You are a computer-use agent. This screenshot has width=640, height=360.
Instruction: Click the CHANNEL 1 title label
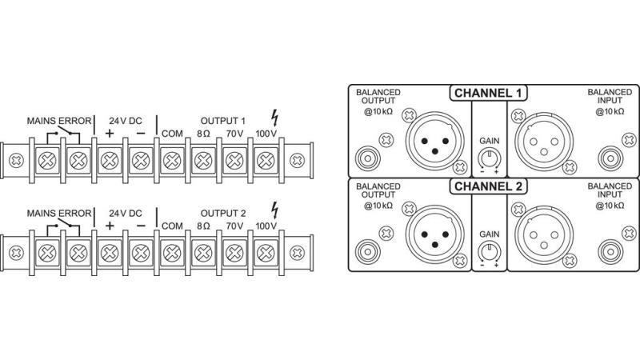click(x=489, y=93)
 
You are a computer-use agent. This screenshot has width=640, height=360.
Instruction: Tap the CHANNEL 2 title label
click(x=489, y=187)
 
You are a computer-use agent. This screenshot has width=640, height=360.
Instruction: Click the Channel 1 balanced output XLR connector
click(x=434, y=142)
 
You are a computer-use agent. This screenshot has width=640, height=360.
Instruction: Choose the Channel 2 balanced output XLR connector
click(x=434, y=237)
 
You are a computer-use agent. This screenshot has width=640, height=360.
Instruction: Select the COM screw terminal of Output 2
click(x=170, y=254)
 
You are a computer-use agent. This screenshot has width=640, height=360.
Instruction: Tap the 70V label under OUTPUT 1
click(x=234, y=132)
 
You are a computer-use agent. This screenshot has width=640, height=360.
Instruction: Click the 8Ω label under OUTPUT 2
click(x=202, y=226)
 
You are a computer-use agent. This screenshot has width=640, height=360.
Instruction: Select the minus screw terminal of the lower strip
click(x=139, y=254)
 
